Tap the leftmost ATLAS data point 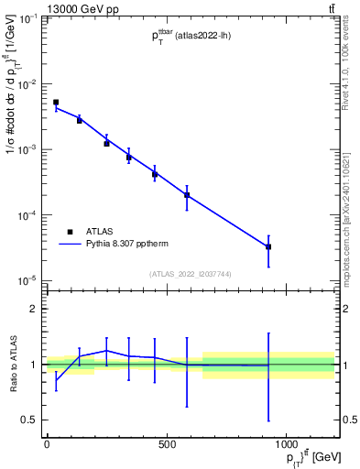(56, 103)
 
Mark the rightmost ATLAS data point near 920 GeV (268, 246)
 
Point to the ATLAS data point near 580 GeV (187, 194)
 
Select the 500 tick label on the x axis (167, 444)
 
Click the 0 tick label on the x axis (47, 444)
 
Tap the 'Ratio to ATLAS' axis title (12, 365)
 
